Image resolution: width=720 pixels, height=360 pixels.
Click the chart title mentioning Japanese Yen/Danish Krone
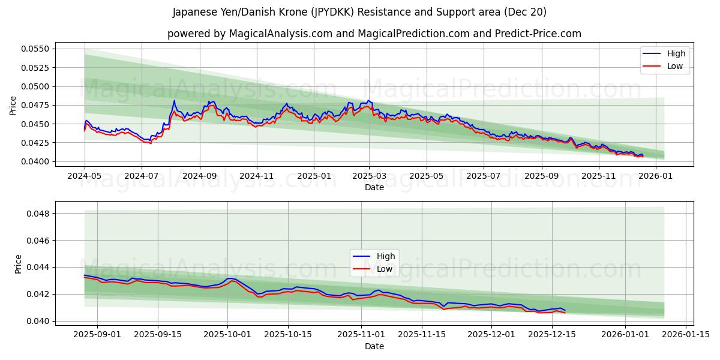point(359,12)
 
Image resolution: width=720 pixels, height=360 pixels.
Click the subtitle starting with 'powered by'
point(374,34)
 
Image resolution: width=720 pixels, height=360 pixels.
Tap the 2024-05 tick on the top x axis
point(85,176)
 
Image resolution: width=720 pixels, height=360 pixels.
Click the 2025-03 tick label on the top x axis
point(369,176)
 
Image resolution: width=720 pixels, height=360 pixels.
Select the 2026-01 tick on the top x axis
point(655,176)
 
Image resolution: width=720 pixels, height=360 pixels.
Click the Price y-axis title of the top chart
point(13,106)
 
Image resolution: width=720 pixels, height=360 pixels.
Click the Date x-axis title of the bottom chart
point(374,346)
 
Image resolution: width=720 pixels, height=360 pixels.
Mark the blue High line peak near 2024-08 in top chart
point(174,101)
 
